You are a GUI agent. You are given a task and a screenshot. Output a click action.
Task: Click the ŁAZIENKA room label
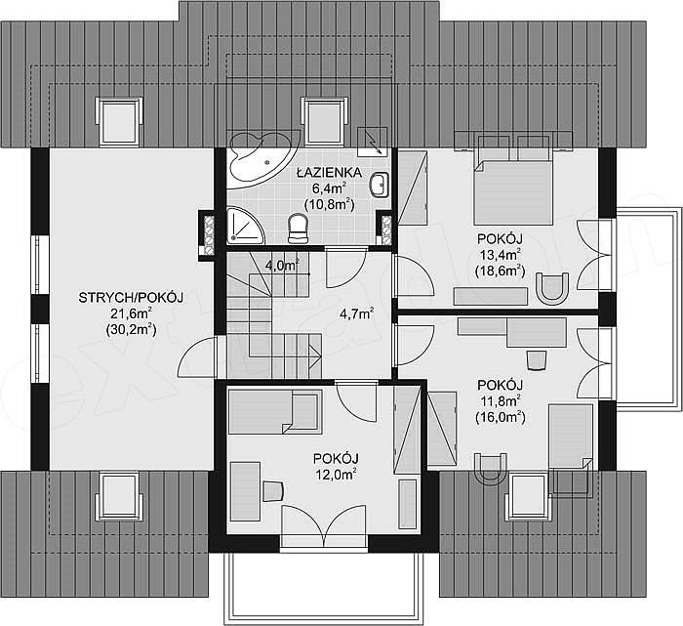click(329, 173)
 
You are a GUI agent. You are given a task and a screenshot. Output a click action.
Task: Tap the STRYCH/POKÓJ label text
click(131, 298)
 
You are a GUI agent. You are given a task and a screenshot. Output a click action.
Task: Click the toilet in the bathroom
click(299, 228)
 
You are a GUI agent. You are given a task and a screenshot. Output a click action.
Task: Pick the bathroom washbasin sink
click(380, 185)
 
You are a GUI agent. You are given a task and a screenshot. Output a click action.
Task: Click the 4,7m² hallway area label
click(357, 313)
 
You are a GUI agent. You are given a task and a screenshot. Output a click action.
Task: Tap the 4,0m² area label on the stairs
click(282, 265)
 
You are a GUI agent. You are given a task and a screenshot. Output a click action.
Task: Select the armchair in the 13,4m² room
click(552, 288)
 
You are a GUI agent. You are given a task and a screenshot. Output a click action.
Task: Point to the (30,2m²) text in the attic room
click(131, 329)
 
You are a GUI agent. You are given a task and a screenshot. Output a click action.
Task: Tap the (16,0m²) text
click(500, 417)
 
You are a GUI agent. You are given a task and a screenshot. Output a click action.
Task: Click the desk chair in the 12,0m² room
click(273, 491)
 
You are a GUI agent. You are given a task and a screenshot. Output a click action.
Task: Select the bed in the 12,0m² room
click(275, 412)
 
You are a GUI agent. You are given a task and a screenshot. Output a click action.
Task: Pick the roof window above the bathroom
click(325, 121)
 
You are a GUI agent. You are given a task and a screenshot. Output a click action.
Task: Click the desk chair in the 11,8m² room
click(537, 360)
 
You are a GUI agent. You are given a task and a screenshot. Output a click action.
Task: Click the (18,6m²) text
click(500, 271)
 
